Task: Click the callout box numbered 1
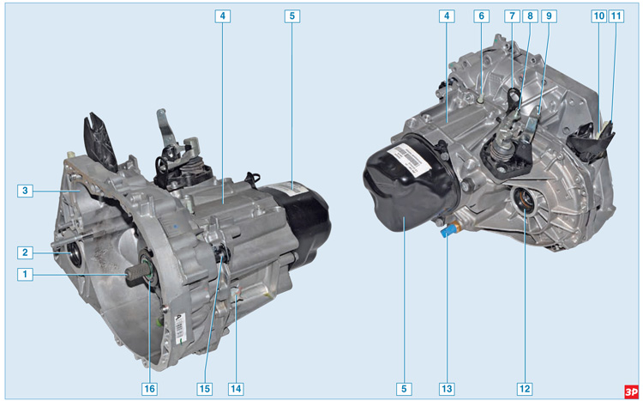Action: (25, 274)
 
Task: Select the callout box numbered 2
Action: (25, 252)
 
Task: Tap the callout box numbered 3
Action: (25, 191)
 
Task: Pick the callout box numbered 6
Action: (482, 16)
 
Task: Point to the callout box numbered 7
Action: (512, 16)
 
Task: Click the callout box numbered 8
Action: (530, 16)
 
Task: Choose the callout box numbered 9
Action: (549, 16)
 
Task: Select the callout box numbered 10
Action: (599, 16)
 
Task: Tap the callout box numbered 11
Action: (616, 16)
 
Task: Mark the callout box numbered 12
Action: (525, 389)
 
